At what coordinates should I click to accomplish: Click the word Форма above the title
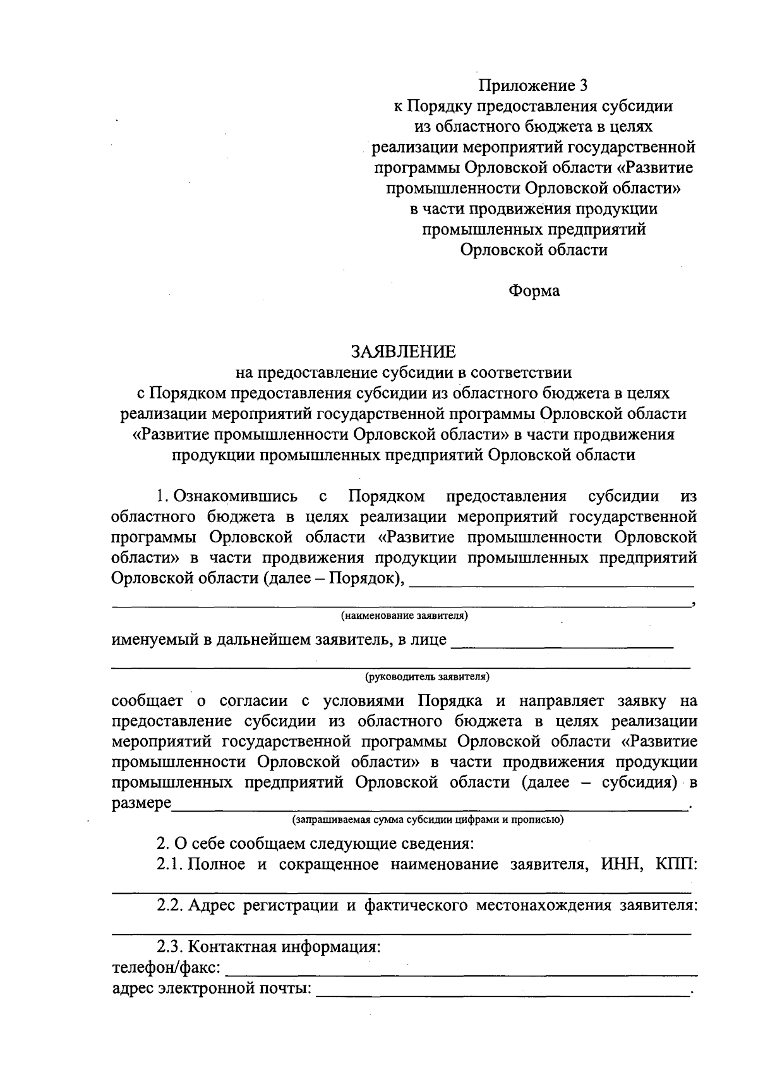point(534,291)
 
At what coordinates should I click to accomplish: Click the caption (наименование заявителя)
point(404,615)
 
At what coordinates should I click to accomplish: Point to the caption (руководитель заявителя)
point(427,676)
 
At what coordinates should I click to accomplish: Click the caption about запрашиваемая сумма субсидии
point(427,820)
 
